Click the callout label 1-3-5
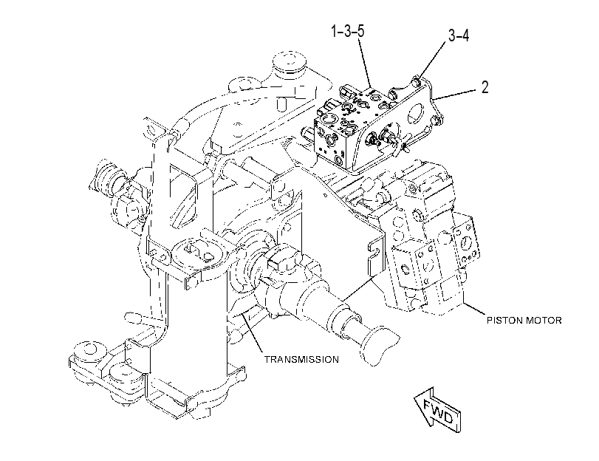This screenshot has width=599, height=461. coord(348,31)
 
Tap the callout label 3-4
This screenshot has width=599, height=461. coord(459,35)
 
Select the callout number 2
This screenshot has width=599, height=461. coord(485,87)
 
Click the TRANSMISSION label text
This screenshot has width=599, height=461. coord(301,359)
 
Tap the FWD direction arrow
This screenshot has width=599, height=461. coord(438,410)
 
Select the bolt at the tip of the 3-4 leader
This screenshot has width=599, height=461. coord(417,81)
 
